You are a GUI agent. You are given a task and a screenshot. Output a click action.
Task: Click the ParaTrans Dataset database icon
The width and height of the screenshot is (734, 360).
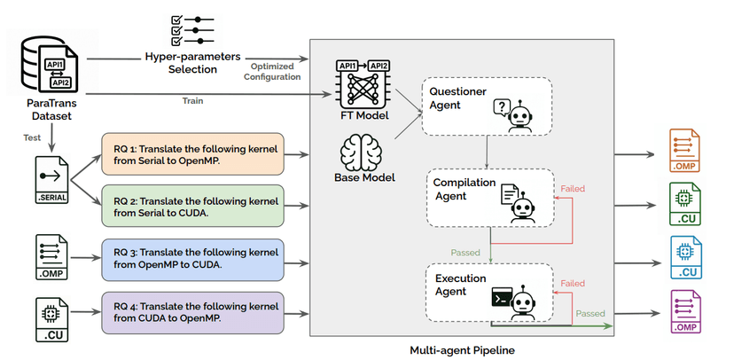coord(50,67)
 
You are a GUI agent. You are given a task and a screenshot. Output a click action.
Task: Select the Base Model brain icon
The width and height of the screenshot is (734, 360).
coord(364,150)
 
